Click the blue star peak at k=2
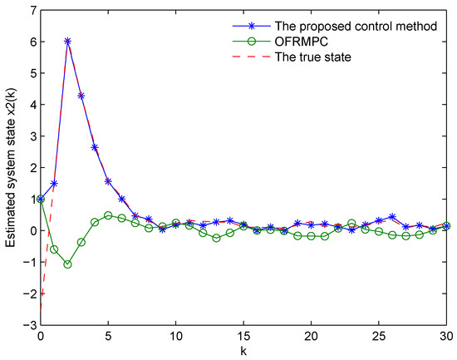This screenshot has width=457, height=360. coord(67,41)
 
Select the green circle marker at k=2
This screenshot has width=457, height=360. coord(67,264)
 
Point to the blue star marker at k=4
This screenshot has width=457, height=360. coord(95,147)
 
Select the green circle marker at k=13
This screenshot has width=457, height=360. coord(216,238)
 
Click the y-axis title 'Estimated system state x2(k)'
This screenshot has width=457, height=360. coord(12,166)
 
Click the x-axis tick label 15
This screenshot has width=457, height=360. coord(243,336)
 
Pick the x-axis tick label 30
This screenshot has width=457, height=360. coord(446,336)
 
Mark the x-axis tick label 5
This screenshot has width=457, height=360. coord(108,336)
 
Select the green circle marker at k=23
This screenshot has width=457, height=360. coord(351,224)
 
